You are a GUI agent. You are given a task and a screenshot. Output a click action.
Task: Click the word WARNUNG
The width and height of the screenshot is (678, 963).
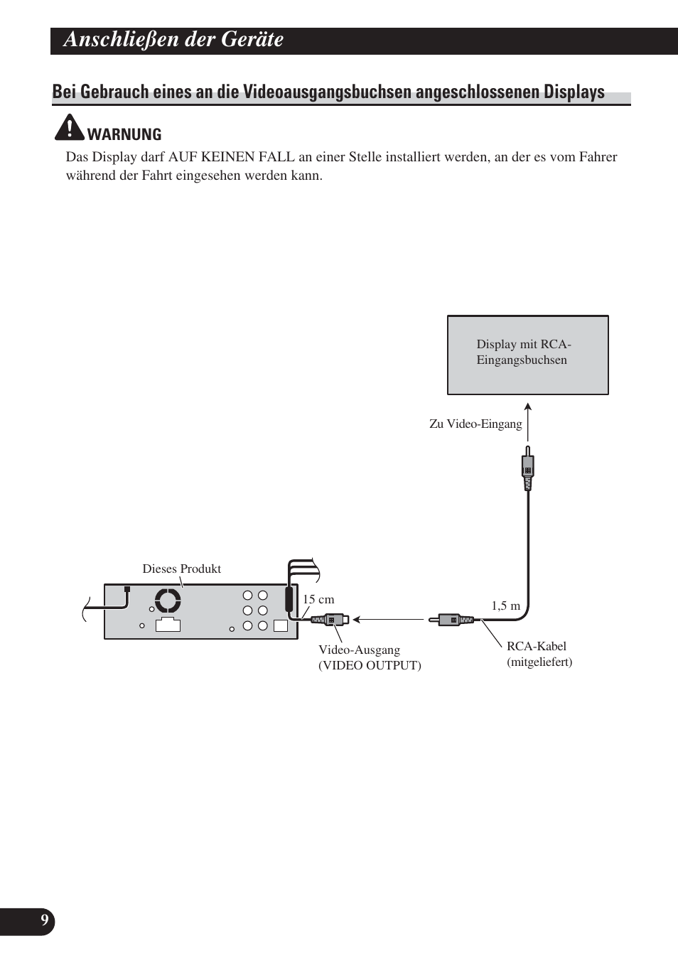124,134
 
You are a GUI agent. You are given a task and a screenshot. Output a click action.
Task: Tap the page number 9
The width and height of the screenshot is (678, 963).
44,921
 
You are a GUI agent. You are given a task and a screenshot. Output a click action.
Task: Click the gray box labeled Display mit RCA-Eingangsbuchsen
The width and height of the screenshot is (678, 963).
527,355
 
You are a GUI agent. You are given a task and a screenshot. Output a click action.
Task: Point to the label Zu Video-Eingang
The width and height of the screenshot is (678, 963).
475,424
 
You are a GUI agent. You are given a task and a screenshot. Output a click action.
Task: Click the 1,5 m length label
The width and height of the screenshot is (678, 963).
506,606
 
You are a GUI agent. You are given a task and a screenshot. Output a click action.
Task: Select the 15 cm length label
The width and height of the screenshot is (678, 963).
318,599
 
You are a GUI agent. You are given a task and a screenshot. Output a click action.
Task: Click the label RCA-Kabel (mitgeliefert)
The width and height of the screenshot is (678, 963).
539,654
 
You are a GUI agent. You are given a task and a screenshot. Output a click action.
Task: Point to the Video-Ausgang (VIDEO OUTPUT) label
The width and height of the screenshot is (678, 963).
369,657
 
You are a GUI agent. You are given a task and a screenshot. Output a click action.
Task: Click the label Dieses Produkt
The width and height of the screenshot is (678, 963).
181,569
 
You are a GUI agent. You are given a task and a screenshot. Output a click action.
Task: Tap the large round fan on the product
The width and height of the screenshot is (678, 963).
168,601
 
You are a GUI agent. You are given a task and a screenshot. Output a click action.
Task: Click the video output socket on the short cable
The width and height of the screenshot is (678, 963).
331,620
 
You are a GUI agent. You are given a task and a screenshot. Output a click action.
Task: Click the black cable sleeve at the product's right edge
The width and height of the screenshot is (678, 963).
289,598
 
